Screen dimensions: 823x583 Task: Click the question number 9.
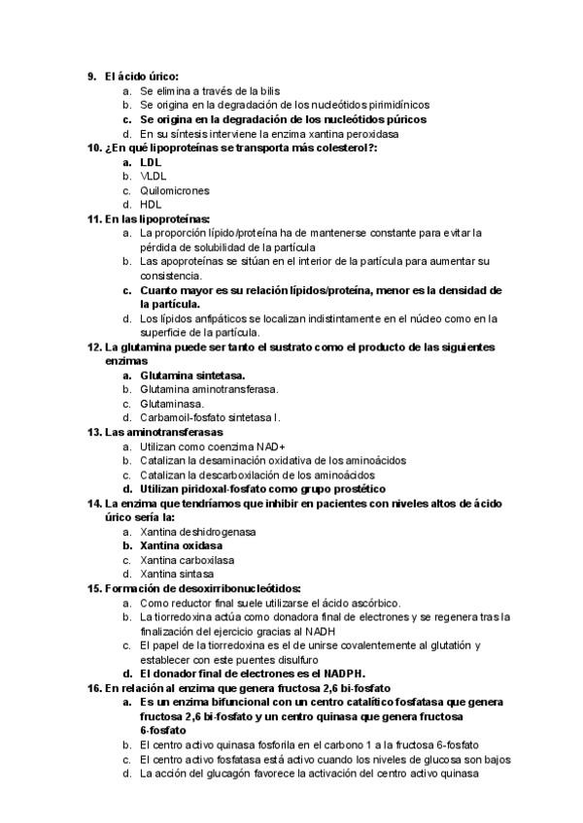point(90,75)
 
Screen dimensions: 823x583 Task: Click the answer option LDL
point(151,162)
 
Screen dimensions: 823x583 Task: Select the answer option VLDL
point(154,177)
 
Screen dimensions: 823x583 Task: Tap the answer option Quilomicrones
point(175,191)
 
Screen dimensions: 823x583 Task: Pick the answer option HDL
point(151,205)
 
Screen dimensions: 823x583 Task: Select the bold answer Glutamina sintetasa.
point(192,376)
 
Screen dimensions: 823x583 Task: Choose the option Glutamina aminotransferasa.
point(209,389)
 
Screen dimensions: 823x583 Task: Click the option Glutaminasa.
point(172,404)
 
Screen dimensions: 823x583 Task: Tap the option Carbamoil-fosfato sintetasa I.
point(210,418)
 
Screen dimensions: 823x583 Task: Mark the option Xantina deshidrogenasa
point(198,532)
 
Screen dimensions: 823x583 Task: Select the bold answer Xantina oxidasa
point(181,546)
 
